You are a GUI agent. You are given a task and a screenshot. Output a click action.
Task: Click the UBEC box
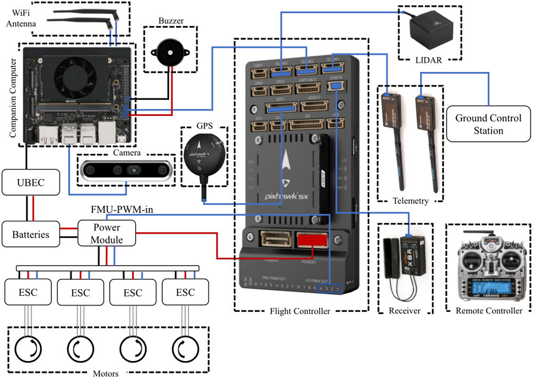click(31, 183)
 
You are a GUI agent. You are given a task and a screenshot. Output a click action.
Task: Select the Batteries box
click(31, 234)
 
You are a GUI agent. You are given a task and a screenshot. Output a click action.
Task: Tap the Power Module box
click(107, 233)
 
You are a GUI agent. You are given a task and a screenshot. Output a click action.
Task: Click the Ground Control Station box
click(488, 124)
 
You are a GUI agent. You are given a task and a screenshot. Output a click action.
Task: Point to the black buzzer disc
click(170, 53)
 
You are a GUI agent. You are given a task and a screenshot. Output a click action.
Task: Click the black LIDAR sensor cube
click(431, 31)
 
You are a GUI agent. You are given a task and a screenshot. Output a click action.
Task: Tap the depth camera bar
click(127, 170)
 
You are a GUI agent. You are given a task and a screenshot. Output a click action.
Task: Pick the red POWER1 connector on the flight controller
click(312, 240)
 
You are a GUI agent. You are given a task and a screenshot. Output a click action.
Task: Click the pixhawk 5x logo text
click(286, 196)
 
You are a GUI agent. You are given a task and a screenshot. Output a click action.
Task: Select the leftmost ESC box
click(28, 292)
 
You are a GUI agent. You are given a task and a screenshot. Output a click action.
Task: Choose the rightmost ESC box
click(185, 292)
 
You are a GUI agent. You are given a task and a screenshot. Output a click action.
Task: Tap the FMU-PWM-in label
click(122, 210)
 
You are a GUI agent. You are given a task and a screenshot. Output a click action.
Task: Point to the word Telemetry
click(410, 201)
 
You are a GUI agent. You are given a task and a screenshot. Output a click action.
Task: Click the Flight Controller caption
click(300, 312)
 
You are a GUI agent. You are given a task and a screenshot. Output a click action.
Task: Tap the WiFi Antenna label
click(21, 18)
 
